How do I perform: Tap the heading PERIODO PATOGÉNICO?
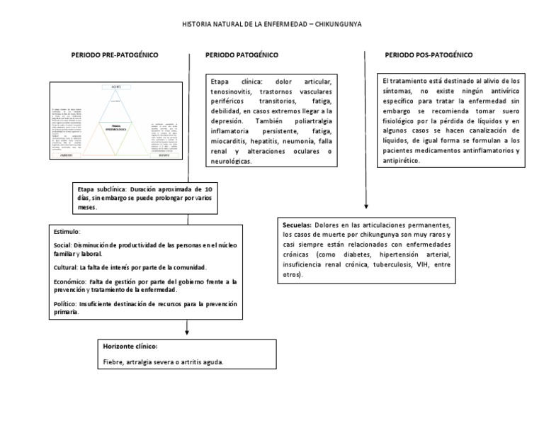tap(242, 55)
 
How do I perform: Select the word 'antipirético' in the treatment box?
tap(400, 161)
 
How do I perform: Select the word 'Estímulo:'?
tap(67, 232)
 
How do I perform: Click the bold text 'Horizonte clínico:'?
tap(130, 347)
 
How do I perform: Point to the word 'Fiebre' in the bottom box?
tap(114, 361)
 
